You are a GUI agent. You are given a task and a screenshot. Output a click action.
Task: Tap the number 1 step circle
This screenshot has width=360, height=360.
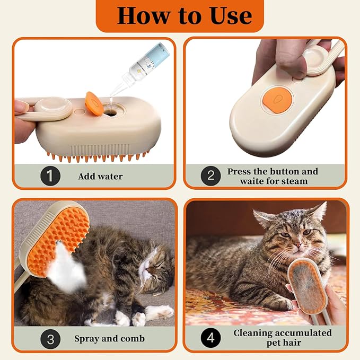pyautogui.click(x=50, y=176)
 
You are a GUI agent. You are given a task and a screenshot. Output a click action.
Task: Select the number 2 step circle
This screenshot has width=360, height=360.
pyautogui.click(x=210, y=176)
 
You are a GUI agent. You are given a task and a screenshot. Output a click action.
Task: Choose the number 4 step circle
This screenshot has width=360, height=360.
pyautogui.click(x=210, y=338)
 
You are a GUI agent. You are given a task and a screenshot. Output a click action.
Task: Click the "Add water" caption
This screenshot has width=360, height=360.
pyautogui.click(x=100, y=176)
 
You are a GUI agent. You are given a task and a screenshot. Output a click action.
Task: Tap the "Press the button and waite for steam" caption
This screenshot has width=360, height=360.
pyautogui.click(x=273, y=176)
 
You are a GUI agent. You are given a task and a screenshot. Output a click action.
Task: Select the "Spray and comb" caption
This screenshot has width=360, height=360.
pyautogui.click(x=109, y=338)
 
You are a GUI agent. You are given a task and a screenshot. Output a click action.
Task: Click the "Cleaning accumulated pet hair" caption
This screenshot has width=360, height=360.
pyautogui.click(x=282, y=338)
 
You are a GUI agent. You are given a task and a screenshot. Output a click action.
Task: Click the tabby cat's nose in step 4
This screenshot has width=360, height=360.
pyautogui.click(x=297, y=245)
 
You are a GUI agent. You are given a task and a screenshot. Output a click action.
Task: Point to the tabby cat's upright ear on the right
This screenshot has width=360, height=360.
pyautogui.click(x=318, y=212)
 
